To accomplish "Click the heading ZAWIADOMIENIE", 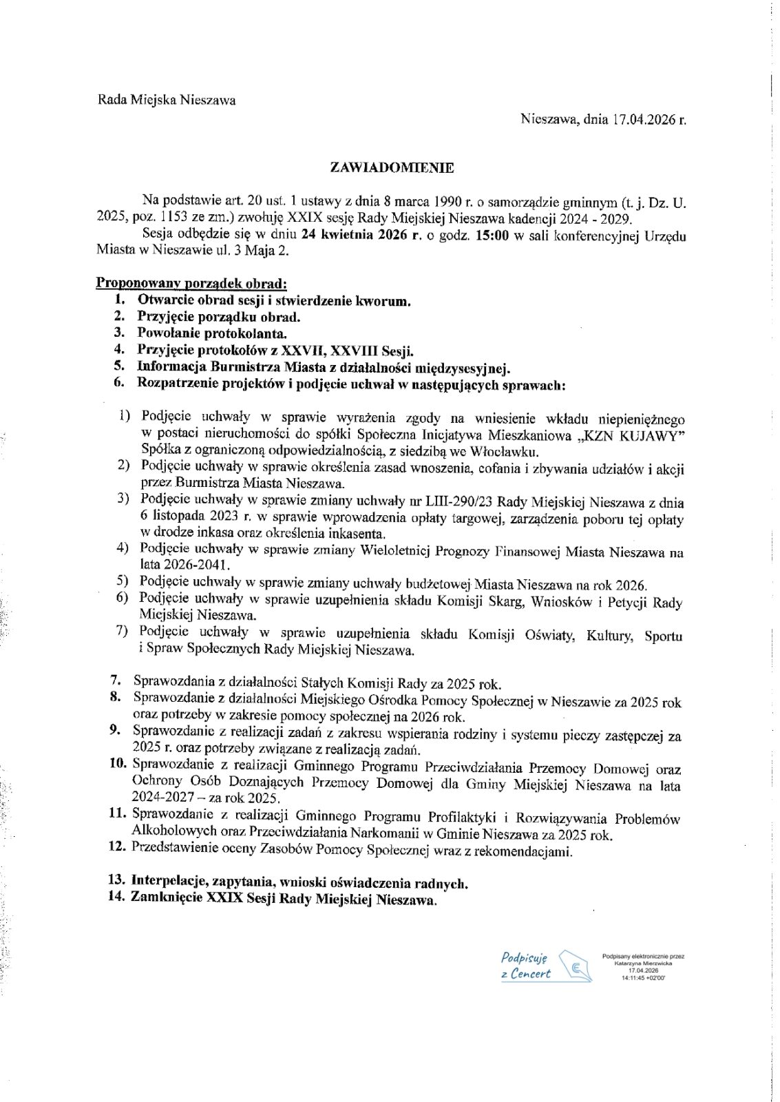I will tap(392, 167).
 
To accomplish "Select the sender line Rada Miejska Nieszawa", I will tap(167, 100).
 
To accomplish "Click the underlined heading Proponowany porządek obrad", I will tap(191, 283).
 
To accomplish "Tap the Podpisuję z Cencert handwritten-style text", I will tap(525, 965).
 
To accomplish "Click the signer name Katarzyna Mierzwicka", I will tap(643, 963).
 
